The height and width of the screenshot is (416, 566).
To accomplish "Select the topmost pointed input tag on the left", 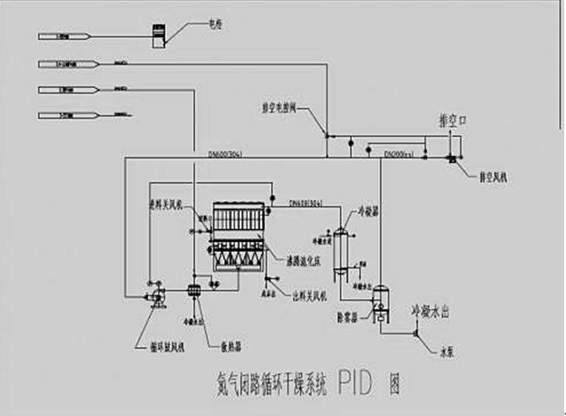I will click(63, 36).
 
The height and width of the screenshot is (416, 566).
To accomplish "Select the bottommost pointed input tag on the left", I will click(63, 115).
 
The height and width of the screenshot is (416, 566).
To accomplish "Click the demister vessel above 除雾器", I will click(381, 295).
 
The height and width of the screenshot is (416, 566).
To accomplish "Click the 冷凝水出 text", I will click(434, 311).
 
